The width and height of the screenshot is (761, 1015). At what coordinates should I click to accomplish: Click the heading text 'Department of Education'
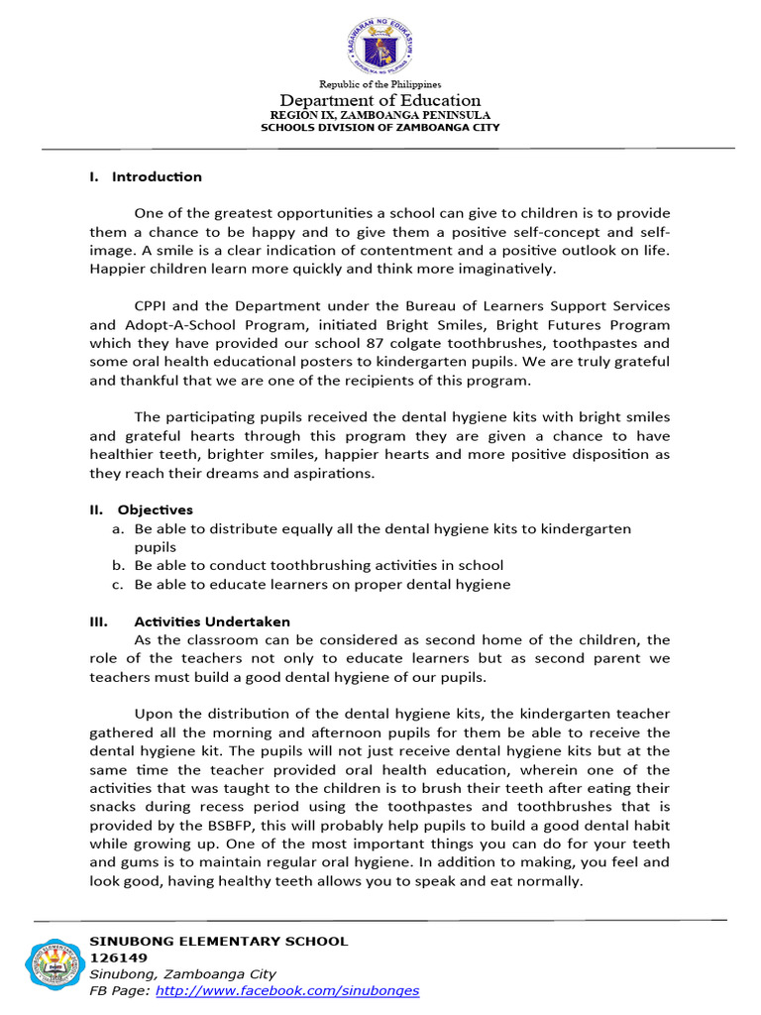380,100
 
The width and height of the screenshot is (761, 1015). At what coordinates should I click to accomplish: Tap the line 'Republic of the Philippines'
380,85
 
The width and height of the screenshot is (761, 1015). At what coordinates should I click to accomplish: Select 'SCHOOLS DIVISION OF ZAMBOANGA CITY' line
380,128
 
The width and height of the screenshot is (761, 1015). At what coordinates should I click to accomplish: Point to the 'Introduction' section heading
157,177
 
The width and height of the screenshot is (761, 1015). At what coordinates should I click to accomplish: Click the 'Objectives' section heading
156,510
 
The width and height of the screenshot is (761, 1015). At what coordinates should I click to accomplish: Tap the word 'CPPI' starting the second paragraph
152,305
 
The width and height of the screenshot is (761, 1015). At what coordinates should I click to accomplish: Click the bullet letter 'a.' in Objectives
117,529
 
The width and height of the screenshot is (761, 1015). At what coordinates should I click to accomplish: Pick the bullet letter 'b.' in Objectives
117,566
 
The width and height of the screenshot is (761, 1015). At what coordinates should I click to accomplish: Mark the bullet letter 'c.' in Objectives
117,585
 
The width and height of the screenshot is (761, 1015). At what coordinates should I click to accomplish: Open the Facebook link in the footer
287,990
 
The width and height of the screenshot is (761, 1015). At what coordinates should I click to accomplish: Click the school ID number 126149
119,958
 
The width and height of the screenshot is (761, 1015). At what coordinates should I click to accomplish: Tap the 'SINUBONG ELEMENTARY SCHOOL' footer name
219,942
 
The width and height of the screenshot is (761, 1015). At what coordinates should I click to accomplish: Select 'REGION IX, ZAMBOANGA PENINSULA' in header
380,115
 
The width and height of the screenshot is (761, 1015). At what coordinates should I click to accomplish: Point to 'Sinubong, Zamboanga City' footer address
183,974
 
